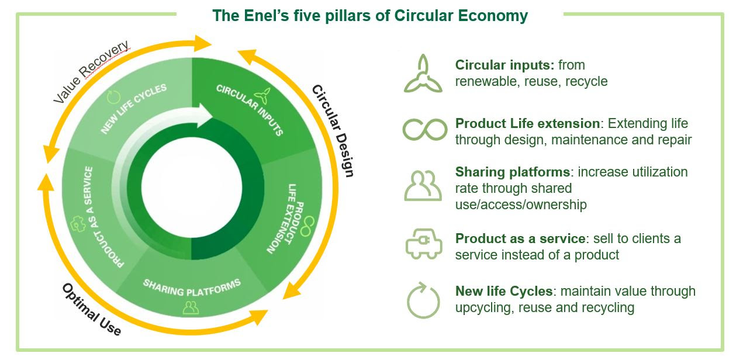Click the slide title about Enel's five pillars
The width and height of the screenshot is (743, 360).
[370, 16]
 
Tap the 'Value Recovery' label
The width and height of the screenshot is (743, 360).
[91, 72]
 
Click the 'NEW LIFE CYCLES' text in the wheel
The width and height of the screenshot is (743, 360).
[134, 109]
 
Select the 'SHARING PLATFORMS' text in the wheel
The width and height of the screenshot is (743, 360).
[192, 287]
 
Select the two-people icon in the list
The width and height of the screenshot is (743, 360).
[423, 186]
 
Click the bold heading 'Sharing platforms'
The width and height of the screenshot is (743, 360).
[512, 172]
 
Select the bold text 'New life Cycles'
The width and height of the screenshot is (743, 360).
[503, 291]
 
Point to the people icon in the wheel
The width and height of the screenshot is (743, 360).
[191, 307]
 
